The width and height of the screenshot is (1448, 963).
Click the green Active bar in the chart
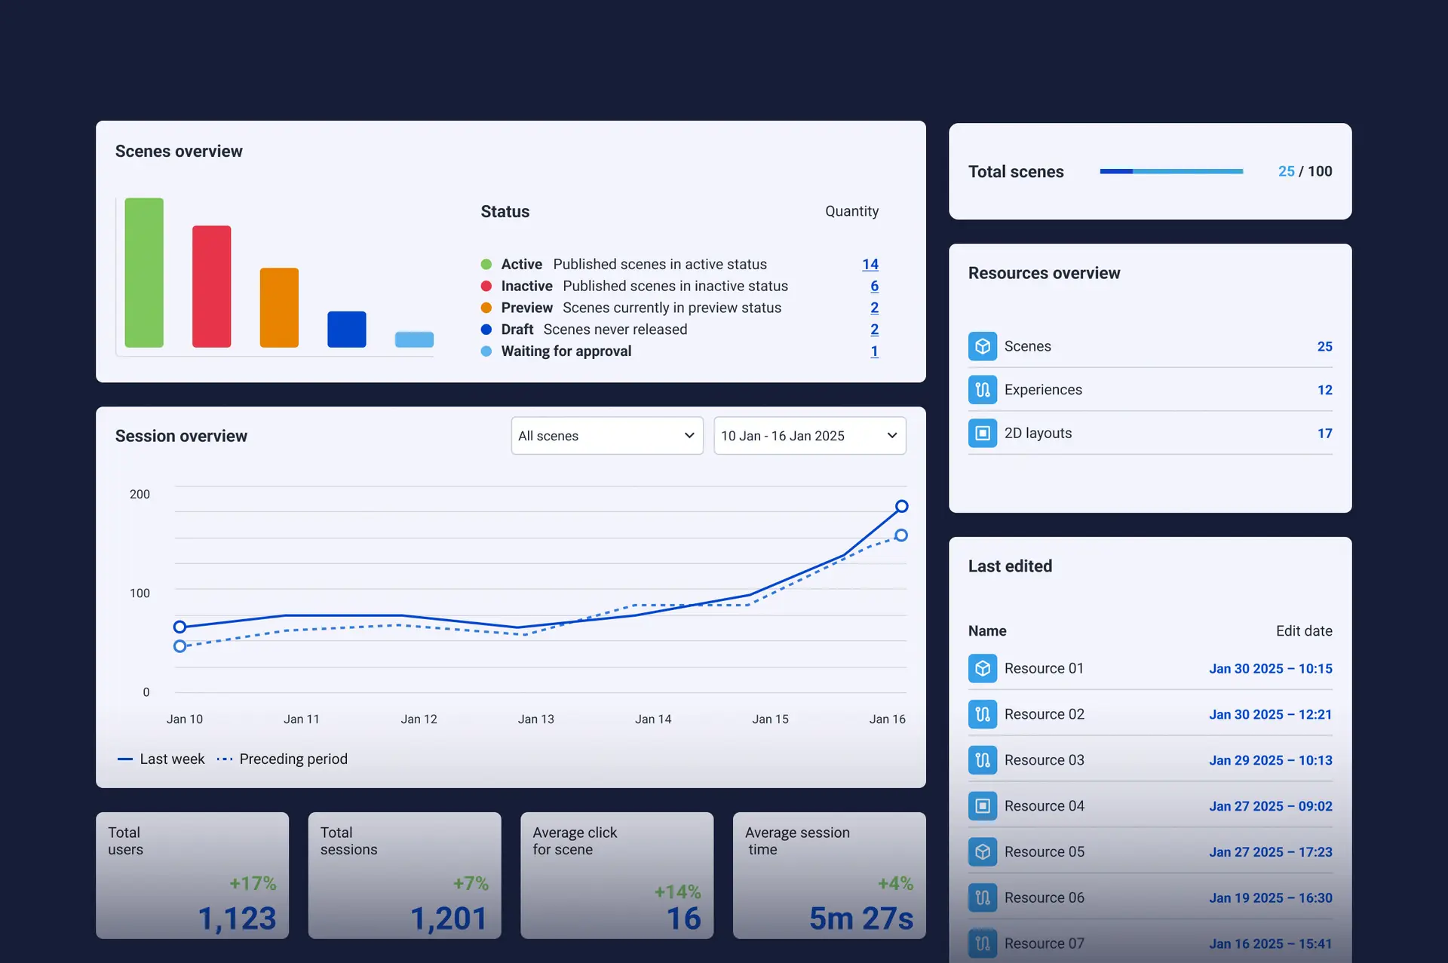click(x=144, y=272)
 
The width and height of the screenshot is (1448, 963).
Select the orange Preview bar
click(x=279, y=308)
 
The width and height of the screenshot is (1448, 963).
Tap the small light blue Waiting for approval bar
click(x=414, y=339)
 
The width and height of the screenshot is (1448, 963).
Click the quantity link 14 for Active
click(x=870, y=265)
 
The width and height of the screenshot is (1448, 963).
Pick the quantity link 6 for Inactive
click(x=874, y=287)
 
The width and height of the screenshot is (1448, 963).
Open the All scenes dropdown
click(x=606, y=436)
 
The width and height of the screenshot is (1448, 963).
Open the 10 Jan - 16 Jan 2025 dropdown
click(x=809, y=436)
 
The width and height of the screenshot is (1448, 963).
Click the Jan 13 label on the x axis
click(x=535, y=719)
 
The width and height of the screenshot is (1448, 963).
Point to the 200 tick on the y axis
click(x=140, y=495)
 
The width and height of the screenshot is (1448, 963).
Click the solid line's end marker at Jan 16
click(x=901, y=506)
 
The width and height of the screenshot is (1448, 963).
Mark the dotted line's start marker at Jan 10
click(x=179, y=646)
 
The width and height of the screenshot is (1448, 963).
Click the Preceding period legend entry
click(x=293, y=759)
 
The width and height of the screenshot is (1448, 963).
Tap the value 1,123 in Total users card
click(x=237, y=919)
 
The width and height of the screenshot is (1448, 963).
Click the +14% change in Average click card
click(x=677, y=892)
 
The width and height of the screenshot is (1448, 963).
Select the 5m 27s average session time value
click(x=861, y=919)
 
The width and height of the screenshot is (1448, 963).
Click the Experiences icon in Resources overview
click(x=982, y=390)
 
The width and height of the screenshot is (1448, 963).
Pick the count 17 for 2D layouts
click(x=1324, y=434)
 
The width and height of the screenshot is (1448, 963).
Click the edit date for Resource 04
click(x=1270, y=806)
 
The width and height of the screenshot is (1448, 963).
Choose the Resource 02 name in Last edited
click(x=1044, y=714)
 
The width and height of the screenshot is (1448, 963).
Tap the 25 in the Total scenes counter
click(x=1286, y=172)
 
